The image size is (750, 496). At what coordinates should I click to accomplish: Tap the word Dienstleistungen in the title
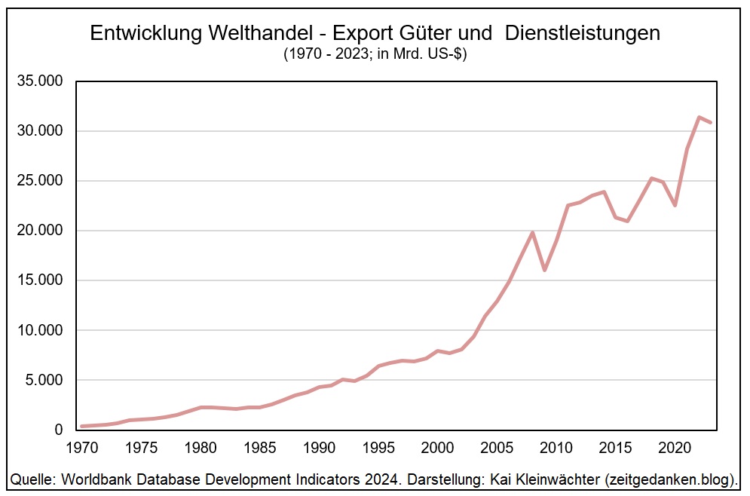[x=583, y=33]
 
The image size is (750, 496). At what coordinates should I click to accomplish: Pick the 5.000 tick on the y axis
[x=43, y=380]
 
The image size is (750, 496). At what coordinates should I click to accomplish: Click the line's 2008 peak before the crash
[x=533, y=232]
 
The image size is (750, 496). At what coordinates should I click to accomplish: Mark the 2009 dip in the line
[x=544, y=270]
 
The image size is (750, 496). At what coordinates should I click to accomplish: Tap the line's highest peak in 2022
[x=699, y=117]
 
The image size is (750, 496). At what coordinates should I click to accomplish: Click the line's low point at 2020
[x=675, y=205]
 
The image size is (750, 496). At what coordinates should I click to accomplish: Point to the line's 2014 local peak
[x=604, y=191]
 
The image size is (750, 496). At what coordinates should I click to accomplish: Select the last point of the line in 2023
[x=710, y=122]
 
